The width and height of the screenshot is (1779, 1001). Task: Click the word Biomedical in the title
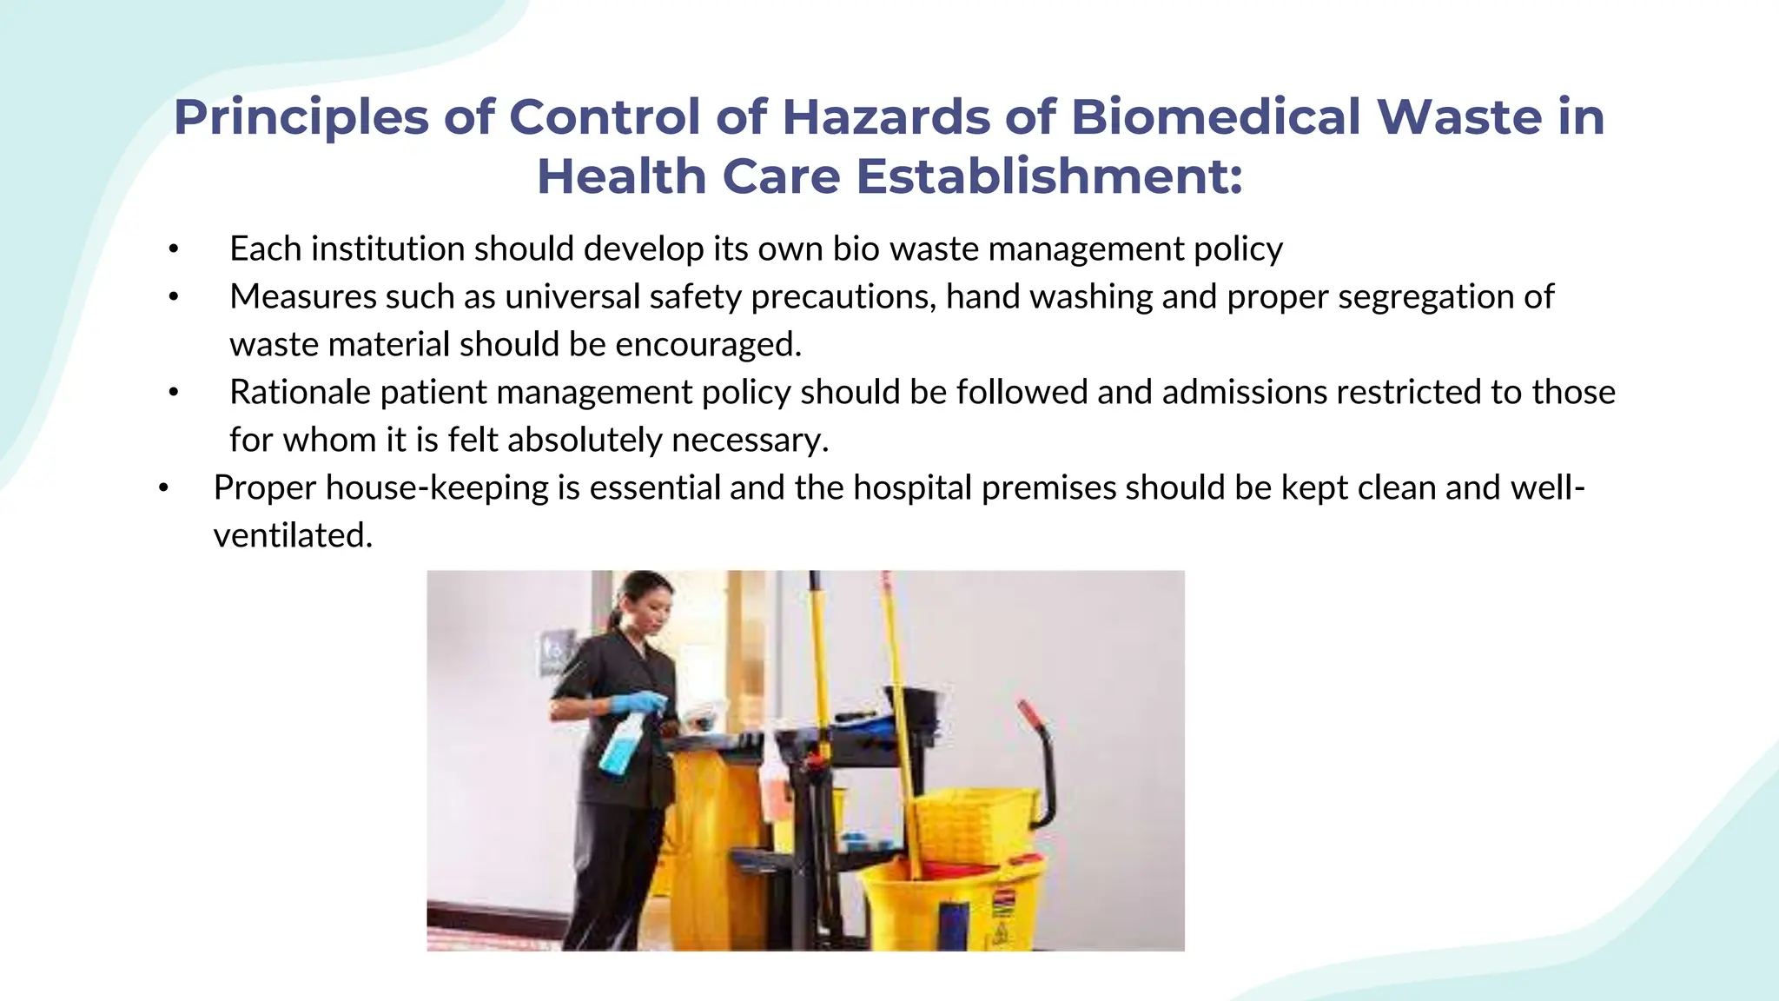coord(1215,117)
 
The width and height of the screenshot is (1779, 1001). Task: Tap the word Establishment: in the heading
coord(1049,176)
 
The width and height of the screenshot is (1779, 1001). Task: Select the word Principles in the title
coord(301,117)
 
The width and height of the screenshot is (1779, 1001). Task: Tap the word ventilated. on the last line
coord(293,536)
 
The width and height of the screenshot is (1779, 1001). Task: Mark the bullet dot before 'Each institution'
coord(174,249)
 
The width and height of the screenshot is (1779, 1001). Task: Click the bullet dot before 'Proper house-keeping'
coord(162,488)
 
